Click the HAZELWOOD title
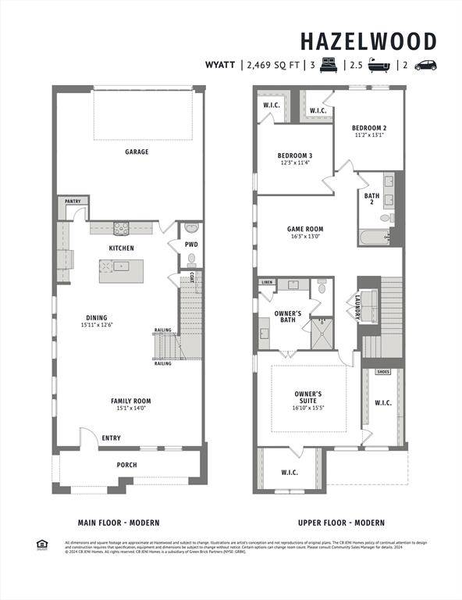coord(368,41)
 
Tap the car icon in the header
coord(425,66)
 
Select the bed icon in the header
coord(327,66)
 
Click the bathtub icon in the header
coord(378,66)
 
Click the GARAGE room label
coord(137,152)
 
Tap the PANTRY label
coord(73,201)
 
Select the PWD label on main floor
coord(191,245)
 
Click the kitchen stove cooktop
coord(122,229)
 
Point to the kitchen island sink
coord(119,266)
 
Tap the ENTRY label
coord(111,438)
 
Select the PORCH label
coord(126,465)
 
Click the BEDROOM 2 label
coord(369,127)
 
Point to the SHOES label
coord(383,372)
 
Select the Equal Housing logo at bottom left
coord(42,545)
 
